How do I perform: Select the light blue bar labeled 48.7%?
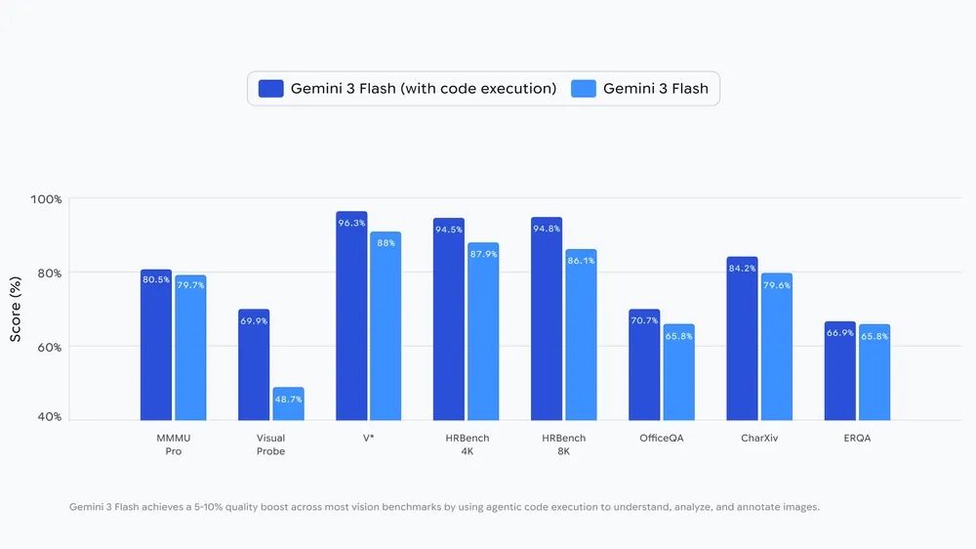click(x=288, y=404)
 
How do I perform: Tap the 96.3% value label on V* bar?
click(x=351, y=223)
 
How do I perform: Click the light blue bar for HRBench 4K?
click(x=483, y=332)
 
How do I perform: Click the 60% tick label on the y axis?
click(x=50, y=347)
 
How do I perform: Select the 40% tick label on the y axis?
click(x=50, y=416)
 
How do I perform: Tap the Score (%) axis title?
click(x=16, y=309)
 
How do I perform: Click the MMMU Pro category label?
click(x=173, y=444)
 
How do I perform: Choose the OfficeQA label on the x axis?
click(x=661, y=439)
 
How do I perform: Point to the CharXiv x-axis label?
click(x=759, y=439)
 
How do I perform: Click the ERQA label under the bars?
click(x=857, y=439)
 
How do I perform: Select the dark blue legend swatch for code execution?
click(x=270, y=89)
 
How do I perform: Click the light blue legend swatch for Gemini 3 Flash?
click(x=583, y=89)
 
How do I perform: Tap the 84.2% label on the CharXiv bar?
click(x=742, y=269)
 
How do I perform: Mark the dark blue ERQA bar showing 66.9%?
click(x=839, y=371)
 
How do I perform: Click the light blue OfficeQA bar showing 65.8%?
click(x=678, y=372)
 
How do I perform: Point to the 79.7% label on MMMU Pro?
click(x=190, y=285)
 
